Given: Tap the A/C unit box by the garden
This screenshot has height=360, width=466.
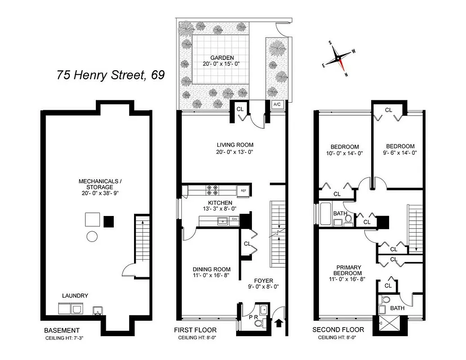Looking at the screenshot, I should click(x=277, y=104).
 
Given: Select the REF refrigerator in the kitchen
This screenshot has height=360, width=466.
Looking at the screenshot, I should click(x=243, y=190).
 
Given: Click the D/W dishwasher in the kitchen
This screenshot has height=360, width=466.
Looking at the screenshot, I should click(x=234, y=220).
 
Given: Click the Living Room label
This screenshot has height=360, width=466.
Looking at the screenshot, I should click(x=235, y=145).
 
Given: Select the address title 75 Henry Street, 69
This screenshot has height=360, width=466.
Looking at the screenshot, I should click(x=111, y=75).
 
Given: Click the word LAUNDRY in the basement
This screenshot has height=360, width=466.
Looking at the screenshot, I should click(x=75, y=296).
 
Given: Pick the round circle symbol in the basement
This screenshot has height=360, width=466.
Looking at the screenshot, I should click(x=92, y=237).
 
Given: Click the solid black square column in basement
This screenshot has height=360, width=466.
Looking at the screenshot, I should click(x=108, y=221).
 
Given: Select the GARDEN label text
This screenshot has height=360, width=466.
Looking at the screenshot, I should click(x=222, y=58).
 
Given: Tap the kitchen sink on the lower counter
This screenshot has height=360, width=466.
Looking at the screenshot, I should click(x=221, y=220).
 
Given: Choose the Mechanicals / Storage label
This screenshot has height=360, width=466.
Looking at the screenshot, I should click(x=97, y=184).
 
